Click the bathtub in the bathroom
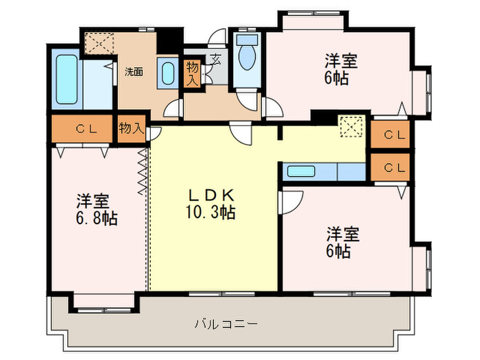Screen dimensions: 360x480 coord(67,80)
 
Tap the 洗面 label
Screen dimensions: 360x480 coord(134,71)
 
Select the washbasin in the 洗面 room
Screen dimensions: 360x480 coord(167,73)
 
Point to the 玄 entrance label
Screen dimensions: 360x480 coord(215,59)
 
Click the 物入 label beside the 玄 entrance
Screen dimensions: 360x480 coord(193,72)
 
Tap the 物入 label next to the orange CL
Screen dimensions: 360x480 coord(131,128)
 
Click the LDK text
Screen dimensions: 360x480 coord(211,194)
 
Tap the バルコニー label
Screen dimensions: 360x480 coord(226,322)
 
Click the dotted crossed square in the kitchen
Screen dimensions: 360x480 coord(350,128)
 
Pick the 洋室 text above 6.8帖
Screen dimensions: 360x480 coord(93,202)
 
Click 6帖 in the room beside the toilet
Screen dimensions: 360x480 coord(337,77)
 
